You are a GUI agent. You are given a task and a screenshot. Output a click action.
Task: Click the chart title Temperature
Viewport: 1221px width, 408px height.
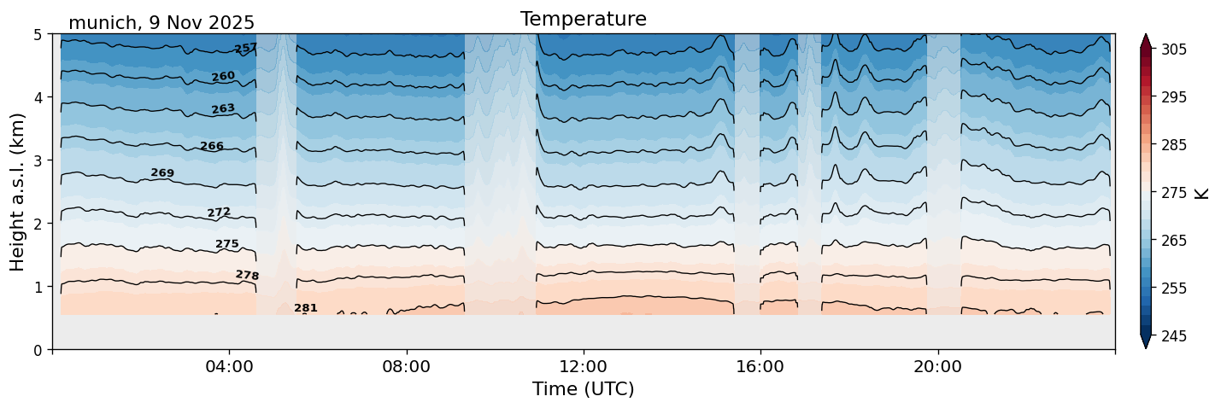pos(583,19)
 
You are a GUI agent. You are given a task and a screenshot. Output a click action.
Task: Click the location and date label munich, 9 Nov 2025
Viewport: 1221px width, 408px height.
pos(161,23)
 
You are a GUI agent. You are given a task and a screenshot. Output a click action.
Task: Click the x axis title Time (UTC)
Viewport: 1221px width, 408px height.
pos(583,389)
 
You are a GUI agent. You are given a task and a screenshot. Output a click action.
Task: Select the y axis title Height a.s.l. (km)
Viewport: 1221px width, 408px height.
pos(18,192)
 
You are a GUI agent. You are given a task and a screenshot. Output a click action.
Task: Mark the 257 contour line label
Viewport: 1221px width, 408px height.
pos(246,49)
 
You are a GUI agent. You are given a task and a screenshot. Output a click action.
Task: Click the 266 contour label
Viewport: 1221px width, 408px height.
pos(212,147)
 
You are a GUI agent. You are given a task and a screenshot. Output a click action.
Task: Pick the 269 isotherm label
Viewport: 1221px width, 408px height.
pos(162,173)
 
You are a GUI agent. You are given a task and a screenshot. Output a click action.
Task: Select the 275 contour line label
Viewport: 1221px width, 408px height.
pos(227,245)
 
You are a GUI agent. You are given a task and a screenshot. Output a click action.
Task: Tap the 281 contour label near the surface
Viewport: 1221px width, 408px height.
pos(306,308)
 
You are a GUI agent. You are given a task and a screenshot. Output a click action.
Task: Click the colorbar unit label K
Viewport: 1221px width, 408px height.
pos(1203,193)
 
